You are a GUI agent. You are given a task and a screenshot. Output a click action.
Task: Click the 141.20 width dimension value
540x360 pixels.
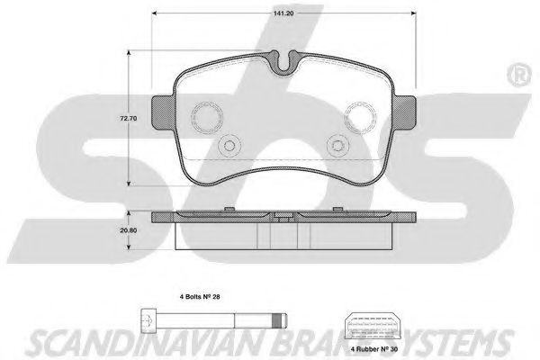[283, 13]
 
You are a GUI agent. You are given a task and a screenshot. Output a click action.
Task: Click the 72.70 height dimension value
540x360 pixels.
[129, 118]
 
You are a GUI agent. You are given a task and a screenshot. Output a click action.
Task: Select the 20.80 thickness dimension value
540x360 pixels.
[129, 230]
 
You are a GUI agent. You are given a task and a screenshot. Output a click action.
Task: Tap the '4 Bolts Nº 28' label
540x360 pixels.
[200, 296]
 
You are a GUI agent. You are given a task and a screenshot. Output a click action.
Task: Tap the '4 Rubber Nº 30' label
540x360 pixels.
[374, 349]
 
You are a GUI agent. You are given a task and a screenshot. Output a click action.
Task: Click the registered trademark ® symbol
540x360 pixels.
[519, 76]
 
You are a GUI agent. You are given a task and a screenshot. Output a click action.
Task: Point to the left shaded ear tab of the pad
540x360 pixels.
[163, 112]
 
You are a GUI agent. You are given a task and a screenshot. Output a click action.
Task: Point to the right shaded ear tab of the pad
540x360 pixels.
[405, 112]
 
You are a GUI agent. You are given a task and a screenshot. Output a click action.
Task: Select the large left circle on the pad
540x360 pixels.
[207, 117]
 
